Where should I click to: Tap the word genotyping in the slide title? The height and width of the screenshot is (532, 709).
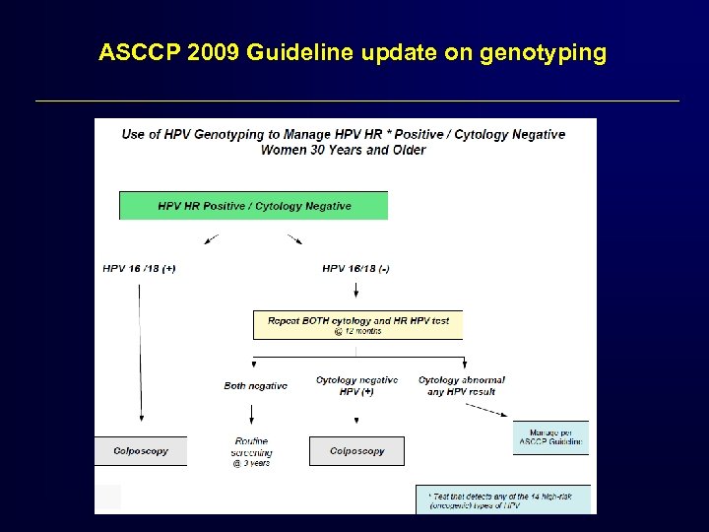(x=543, y=52)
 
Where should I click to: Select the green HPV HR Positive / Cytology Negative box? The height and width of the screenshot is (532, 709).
(x=253, y=206)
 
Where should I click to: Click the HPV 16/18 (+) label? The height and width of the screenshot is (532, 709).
(x=139, y=268)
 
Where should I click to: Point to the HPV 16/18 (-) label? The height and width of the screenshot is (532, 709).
(x=355, y=268)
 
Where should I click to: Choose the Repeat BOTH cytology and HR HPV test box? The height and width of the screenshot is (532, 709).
(x=357, y=324)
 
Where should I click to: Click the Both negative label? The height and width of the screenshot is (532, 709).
(x=255, y=385)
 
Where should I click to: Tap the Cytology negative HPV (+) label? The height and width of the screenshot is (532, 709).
(x=356, y=385)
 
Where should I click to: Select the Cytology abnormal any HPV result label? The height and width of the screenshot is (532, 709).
(x=461, y=385)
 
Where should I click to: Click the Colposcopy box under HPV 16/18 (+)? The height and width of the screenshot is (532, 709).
(x=140, y=451)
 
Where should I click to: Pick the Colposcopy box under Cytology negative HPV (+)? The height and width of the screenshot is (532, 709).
(x=356, y=451)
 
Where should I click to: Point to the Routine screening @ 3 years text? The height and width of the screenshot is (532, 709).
(x=251, y=451)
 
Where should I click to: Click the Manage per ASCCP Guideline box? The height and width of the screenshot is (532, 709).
(x=550, y=436)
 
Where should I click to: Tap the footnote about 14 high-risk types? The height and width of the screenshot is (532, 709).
(x=507, y=499)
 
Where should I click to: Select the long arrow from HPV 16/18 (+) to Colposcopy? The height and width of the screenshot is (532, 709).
(x=139, y=355)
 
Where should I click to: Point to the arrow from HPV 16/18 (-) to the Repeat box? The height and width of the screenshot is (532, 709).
(x=355, y=293)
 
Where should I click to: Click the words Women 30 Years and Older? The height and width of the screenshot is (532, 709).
(x=343, y=151)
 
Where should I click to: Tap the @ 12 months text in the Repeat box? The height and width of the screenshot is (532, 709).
(x=356, y=331)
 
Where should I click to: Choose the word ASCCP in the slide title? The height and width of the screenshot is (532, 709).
(x=135, y=52)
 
